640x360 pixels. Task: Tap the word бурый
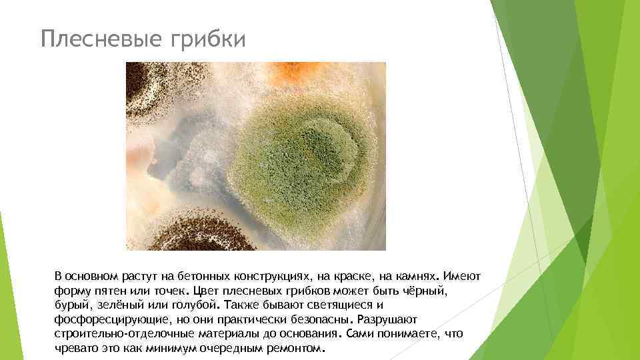tap(70, 305)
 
